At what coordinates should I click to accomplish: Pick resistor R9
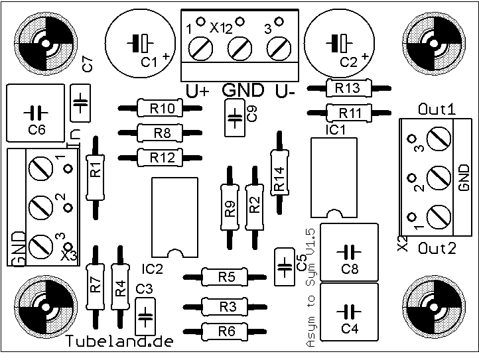pos(230,208)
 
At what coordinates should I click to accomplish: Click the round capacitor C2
pos(341,44)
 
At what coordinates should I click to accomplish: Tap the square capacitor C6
pos(36,113)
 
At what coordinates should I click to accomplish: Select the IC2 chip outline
pos(175,217)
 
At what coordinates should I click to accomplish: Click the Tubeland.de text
pos(120,342)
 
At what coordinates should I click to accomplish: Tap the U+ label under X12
pos(198,91)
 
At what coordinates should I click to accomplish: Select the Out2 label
pos(437,249)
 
